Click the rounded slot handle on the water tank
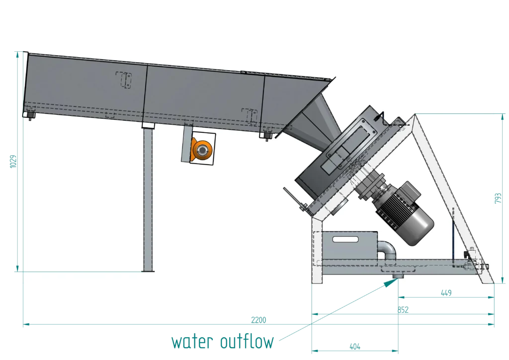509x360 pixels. click(x=345, y=240)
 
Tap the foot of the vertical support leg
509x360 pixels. click(x=148, y=270)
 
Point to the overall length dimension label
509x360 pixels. click(x=257, y=320)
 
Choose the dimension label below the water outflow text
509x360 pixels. click(x=354, y=347)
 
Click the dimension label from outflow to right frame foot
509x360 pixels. click(x=446, y=293)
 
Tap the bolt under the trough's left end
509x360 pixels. click(x=31, y=116)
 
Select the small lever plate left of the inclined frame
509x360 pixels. click(x=294, y=199)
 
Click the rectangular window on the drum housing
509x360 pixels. click(x=357, y=134)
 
